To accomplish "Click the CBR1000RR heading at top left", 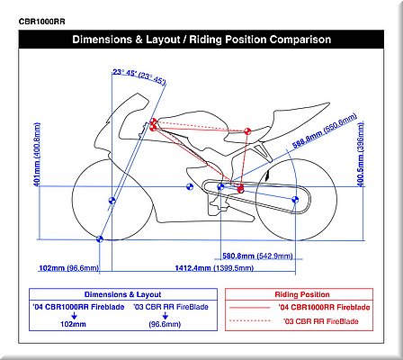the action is click(41, 22).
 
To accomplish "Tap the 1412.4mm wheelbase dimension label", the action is click(193, 268).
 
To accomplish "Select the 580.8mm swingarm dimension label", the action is click(238, 256).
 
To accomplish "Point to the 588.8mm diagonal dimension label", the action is click(308, 139).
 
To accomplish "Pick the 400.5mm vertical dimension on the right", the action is click(361, 172).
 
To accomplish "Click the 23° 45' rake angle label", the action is click(123, 73).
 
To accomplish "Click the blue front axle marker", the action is click(112, 201).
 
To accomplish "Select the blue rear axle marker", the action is click(295, 200).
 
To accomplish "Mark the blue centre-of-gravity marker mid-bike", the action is click(190, 187).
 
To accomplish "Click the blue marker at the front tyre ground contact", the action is click(100, 239).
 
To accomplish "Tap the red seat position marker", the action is click(247, 131).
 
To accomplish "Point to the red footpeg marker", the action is click(240, 189).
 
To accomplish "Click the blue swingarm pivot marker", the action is click(220, 186).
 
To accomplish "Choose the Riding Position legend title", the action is click(302, 294).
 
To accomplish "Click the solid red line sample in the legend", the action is click(249, 308).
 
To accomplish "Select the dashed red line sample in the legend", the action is click(249, 320).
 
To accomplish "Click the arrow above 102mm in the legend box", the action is click(74, 316).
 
